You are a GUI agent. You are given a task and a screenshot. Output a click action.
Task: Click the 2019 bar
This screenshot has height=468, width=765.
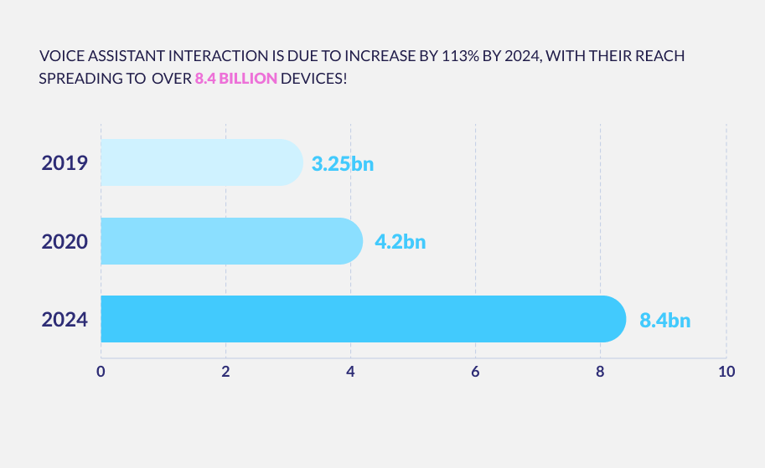201,162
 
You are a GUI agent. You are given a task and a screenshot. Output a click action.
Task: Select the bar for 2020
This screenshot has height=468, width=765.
231,241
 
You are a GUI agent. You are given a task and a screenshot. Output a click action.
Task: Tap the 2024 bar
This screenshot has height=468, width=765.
363,319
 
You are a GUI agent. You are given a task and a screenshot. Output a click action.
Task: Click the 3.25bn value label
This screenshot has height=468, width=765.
342,163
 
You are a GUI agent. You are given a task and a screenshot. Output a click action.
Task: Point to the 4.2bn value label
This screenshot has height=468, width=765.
400,242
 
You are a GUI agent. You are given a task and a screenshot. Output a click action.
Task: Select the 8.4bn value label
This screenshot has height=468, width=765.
665,320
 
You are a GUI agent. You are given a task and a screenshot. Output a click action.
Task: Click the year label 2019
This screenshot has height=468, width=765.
65,162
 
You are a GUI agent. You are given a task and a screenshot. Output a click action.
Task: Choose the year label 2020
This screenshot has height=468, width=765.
65,242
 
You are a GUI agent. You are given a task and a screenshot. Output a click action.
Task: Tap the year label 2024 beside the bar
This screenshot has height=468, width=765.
65,320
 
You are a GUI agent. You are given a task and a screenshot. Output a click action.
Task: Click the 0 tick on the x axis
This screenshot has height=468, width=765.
101,371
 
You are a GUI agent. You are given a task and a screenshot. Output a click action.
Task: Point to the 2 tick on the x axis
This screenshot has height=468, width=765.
225,371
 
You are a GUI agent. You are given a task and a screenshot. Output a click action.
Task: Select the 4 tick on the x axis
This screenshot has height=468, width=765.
350,371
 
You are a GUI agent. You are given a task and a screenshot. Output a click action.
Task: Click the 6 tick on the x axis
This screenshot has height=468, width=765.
475,371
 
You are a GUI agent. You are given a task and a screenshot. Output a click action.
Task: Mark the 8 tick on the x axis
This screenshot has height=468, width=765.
600,371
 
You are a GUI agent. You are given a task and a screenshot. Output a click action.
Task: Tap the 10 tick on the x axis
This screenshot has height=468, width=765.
726,371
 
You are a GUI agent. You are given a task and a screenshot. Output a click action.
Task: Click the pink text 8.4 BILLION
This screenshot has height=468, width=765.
235,80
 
